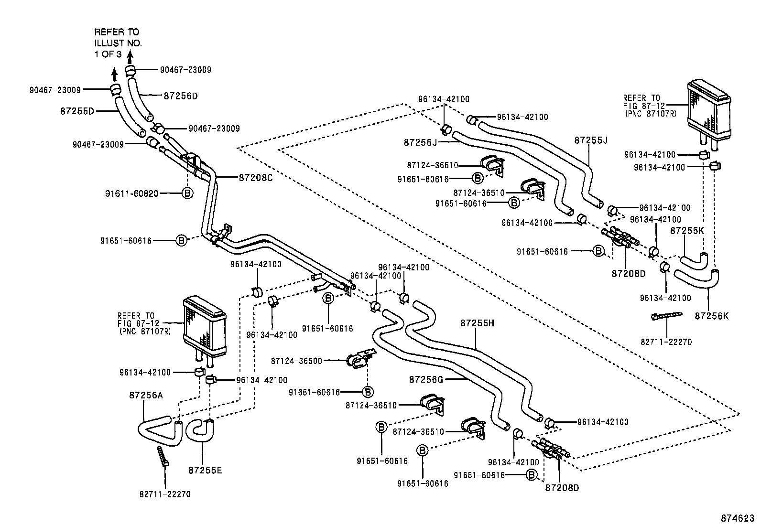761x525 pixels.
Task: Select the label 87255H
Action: tap(477, 323)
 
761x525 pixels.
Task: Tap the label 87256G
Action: tap(426, 379)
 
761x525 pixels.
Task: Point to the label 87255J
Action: tap(590, 140)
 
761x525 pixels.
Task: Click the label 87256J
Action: tap(420, 142)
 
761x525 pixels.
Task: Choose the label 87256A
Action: tap(146, 395)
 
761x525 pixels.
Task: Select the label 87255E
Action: tap(205, 470)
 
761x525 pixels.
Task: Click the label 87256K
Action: tap(712, 316)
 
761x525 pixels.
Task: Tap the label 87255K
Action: tap(687, 230)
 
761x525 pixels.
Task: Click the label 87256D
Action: tap(180, 96)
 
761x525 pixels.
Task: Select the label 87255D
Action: tap(77, 111)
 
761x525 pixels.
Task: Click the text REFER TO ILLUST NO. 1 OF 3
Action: tap(118, 43)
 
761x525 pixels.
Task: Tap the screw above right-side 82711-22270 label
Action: tap(666, 316)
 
